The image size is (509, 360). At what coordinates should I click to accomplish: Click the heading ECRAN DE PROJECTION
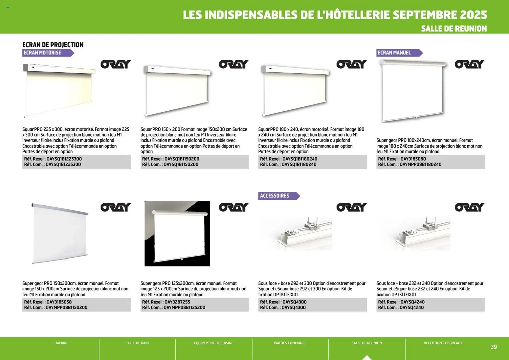point(53,45)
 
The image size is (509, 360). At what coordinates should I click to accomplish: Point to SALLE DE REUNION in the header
point(454,29)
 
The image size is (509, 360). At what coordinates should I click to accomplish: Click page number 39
point(494,347)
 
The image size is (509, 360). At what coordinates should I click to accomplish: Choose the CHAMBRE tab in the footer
point(60,343)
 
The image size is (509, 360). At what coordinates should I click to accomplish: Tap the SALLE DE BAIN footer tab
point(137,343)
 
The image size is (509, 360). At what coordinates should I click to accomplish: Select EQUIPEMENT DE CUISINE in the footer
point(213,343)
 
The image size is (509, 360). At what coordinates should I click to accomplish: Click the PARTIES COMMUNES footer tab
point(290,343)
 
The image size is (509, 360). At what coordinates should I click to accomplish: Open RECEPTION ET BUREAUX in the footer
point(443,343)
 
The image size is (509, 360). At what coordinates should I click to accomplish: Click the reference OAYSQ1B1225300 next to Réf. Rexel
point(64,159)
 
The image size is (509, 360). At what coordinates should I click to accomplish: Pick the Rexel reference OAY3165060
point(413,159)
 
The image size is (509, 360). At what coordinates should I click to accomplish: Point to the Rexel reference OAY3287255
point(177,302)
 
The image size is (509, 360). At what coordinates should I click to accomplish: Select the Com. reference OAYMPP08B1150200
point(66,308)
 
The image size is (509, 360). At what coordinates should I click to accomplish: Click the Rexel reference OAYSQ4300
point(295,302)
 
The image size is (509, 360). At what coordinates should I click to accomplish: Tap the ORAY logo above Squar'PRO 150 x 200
point(233,64)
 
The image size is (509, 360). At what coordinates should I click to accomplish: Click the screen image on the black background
point(177,234)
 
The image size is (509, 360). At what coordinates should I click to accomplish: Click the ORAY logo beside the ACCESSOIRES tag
point(351,207)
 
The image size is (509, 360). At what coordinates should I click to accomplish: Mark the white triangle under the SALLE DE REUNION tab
point(367,357)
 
